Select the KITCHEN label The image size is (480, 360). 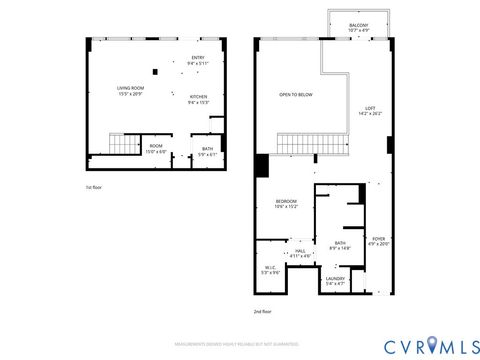click(199, 98)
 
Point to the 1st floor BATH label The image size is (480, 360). click(207, 151)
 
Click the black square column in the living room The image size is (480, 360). click(155, 71)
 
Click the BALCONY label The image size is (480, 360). click(358, 27)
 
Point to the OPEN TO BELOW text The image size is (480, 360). click(295, 94)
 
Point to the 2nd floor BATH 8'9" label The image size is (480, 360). click(340, 245)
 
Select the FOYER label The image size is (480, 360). click(377, 240)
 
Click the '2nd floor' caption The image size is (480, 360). click(262, 312)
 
